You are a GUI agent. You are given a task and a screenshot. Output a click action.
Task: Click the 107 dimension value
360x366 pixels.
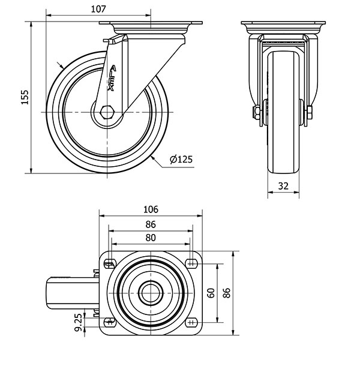tap(100, 9)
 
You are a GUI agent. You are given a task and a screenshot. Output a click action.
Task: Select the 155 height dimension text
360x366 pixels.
tap(24, 97)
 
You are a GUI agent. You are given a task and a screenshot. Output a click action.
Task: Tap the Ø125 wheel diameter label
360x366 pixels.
tap(181, 159)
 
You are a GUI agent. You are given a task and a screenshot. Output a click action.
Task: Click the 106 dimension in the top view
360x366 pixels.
tap(151, 209)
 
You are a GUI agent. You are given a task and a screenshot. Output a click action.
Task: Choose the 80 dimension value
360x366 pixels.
tap(151, 238)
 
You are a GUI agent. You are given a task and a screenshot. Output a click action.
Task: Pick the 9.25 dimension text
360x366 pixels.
tap(79, 323)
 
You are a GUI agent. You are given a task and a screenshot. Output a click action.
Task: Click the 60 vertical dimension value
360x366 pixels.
tap(211, 293)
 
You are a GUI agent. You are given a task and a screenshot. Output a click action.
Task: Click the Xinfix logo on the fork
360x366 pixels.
tap(113, 78)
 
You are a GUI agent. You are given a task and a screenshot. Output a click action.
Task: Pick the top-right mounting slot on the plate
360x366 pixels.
tap(192, 262)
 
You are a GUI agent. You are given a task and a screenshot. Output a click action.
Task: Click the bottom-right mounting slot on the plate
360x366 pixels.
tap(192, 322)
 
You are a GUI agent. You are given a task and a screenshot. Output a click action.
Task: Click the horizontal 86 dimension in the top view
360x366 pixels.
tap(151, 224)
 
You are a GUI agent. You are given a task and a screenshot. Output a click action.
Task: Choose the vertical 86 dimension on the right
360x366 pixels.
tap(227, 293)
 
